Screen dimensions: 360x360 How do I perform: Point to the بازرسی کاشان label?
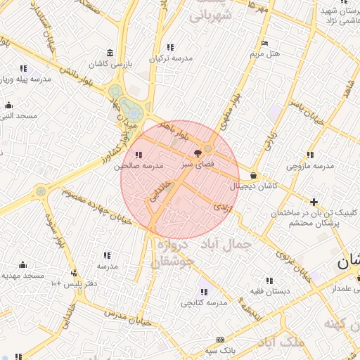click(x=110, y=64)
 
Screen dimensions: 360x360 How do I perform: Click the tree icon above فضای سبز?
click(x=197, y=151)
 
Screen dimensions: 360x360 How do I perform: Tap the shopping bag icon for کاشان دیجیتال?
click(x=253, y=176)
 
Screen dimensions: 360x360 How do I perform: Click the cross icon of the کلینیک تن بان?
click(x=314, y=202)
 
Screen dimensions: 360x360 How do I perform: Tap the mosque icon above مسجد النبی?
click(x=8, y=105)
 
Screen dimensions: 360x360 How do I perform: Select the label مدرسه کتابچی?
click(x=204, y=302)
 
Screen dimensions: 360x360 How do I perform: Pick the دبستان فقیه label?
click(x=269, y=290)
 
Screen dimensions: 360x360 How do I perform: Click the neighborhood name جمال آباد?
click(x=224, y=244)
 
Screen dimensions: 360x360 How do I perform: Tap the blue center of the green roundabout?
click(x=131, y=111)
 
